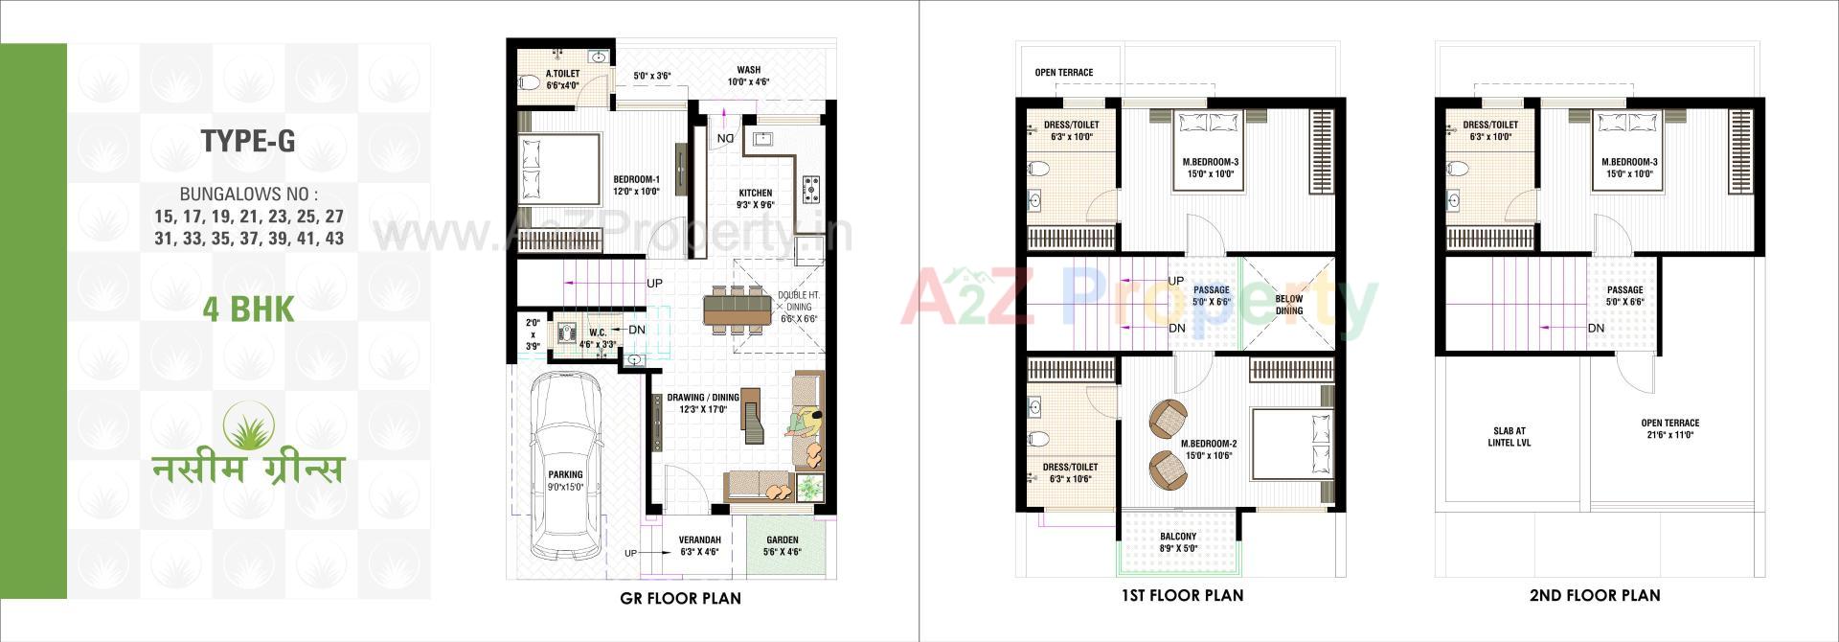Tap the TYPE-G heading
pos(248,142)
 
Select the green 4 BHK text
pos(248,310)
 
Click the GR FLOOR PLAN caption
pos(680,599)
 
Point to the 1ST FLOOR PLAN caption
pos(1182,595)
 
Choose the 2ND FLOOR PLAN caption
pos(1595,595)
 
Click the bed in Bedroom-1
pos(558,170)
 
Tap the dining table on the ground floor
pos(736,308)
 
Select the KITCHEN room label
pos(755,193)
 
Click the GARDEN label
pos(782,539)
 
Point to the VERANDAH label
pos(699,539)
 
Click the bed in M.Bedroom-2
pos(1290,445)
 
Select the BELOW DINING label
pos(1288,305)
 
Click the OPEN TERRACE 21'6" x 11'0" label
pos(1669,428)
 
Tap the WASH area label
pos(748,70)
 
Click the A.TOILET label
pos(562,74)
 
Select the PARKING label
pos(565,474)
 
